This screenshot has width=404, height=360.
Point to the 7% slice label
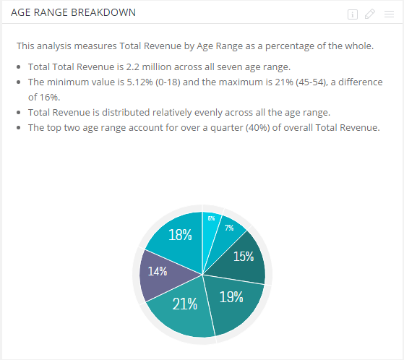(x=229, y=228)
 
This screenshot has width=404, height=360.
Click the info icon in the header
(x=353, y=14)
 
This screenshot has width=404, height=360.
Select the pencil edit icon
(x=370, y=14)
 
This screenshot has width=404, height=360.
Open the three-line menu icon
(x=389, y=14)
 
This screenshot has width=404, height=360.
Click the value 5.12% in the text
(x=139, y=82)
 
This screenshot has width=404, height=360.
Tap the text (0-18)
(x=168, y=82)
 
